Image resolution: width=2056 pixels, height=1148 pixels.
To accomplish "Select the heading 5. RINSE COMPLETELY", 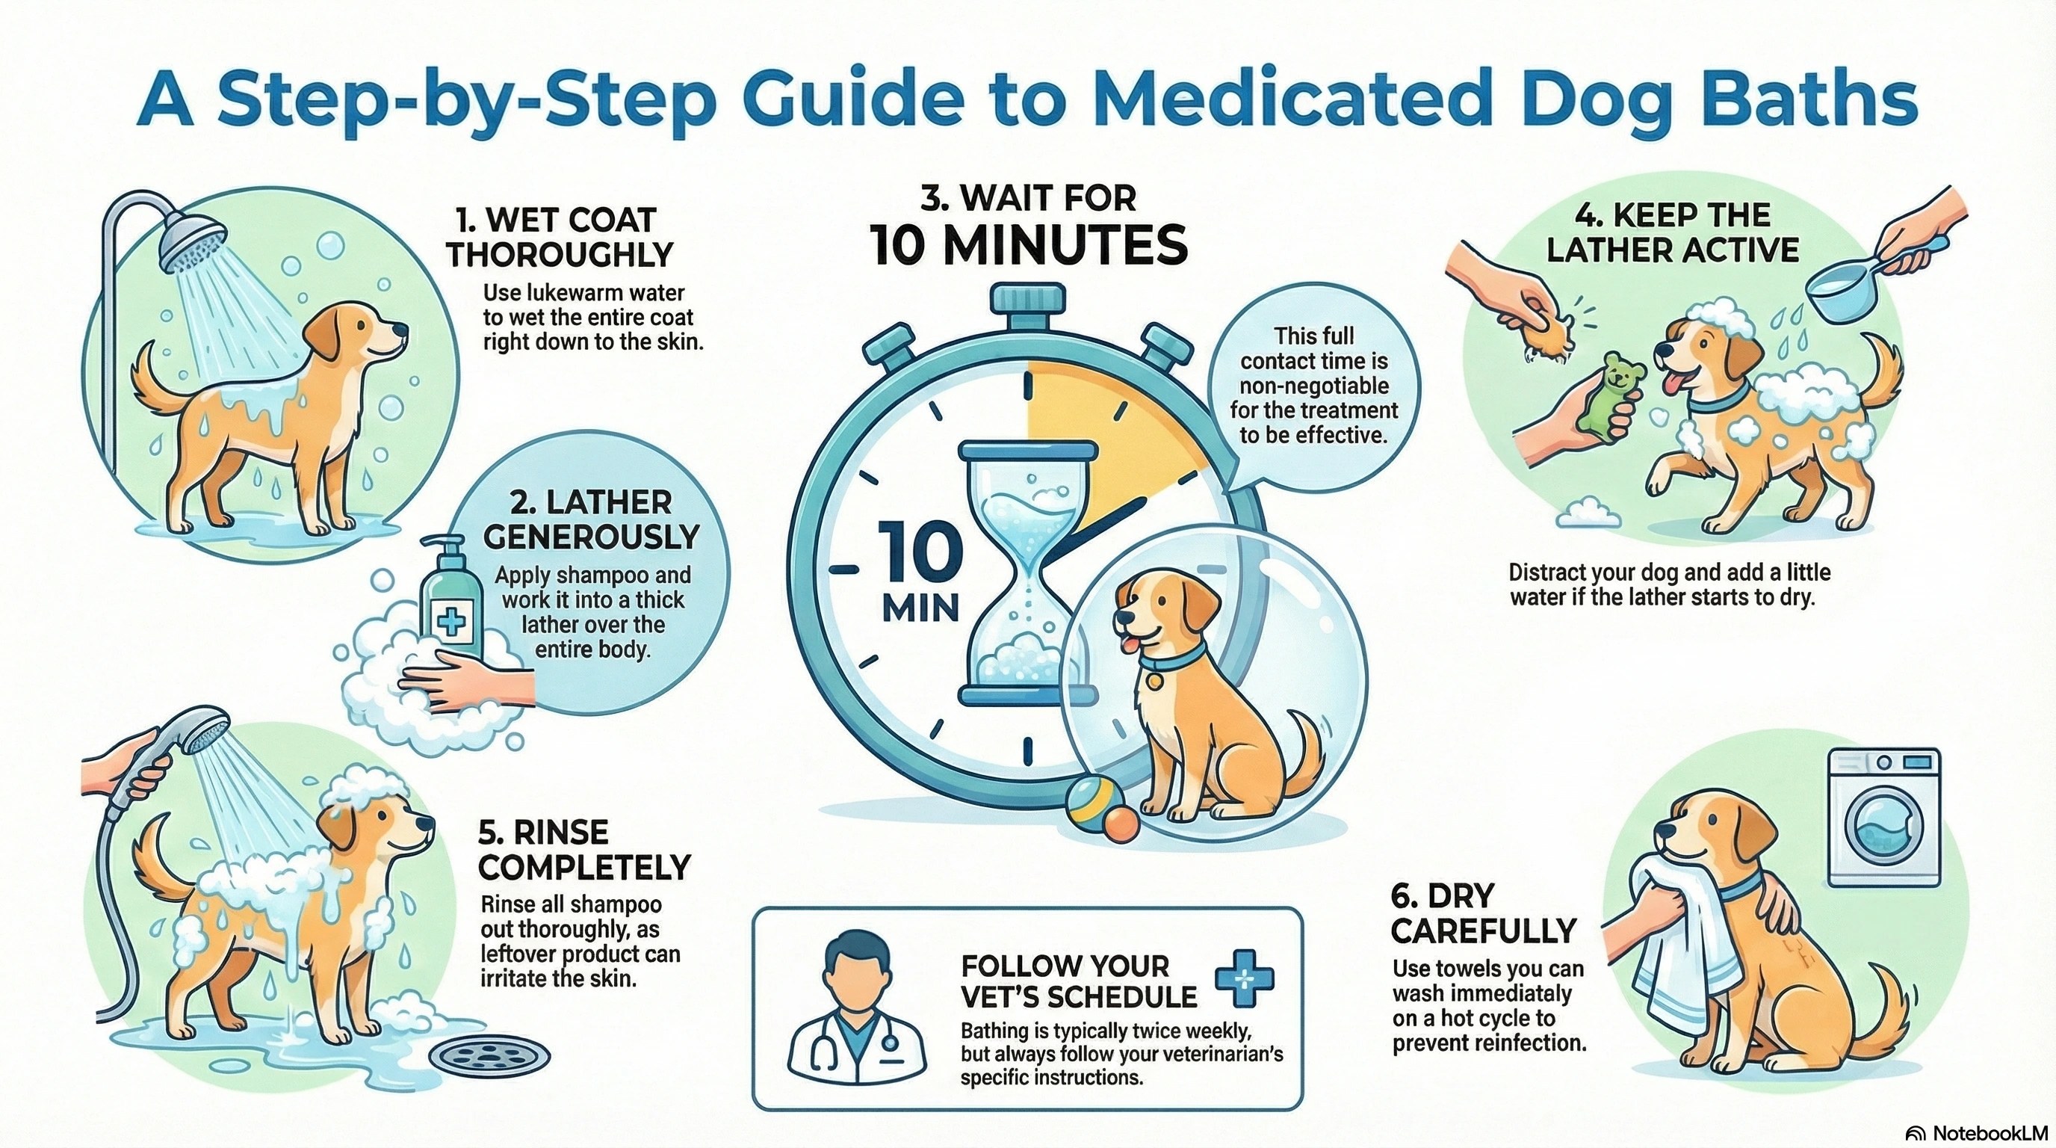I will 584,850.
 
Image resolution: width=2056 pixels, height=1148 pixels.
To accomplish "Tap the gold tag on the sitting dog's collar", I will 1154,680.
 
